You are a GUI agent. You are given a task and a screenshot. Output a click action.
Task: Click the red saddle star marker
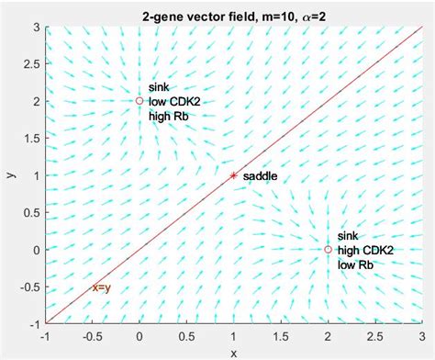point(233,174)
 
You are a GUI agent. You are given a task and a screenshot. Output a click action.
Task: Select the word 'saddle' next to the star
point(260,175)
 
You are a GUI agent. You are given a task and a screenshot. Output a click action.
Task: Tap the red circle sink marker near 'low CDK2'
point(139,101)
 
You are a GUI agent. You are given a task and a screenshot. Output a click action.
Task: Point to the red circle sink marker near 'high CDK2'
point(328,249)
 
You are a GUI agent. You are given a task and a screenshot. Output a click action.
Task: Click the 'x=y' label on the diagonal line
point(101,287)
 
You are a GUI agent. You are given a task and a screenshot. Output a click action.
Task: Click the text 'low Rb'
point(355,265)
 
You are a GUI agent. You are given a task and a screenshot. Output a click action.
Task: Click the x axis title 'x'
point(233,353)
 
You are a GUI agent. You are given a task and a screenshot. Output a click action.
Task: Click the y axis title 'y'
point(12,175)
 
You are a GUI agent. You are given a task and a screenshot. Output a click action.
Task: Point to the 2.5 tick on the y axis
point(31,64)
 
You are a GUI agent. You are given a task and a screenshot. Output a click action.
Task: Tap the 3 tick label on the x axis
point(421,337)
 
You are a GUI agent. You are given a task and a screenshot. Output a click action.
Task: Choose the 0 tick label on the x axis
point(139,337)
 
